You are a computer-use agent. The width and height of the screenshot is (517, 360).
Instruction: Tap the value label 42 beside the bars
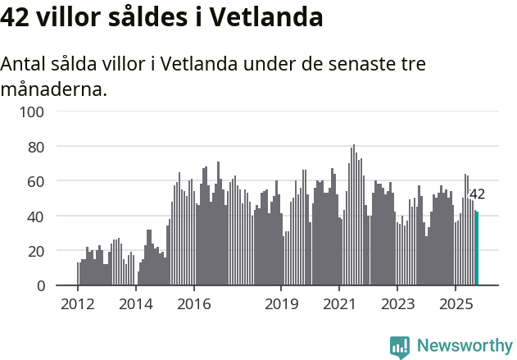tap(477, 194)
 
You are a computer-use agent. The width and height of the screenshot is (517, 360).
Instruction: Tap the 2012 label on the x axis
tap(78, 304)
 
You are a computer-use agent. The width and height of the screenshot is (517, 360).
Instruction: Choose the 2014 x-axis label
tap(135, 304)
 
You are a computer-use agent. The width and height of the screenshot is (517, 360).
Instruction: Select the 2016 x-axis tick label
tap(193, 304)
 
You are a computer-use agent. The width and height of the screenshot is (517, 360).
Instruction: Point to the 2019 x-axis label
tap(281, 304)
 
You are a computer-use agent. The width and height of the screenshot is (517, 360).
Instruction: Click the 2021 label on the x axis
tap(339, 304)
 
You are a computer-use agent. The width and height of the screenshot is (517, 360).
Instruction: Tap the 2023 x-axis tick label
tap(397, 304)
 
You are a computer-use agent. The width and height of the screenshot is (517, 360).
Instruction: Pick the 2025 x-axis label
tap(455, 304)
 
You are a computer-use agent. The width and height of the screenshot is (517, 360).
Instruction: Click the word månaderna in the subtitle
tap(54, 89)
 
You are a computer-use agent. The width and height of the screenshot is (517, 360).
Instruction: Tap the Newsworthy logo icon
tap(400, 347)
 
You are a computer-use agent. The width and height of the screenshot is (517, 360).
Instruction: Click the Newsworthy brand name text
tap(465, 346)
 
